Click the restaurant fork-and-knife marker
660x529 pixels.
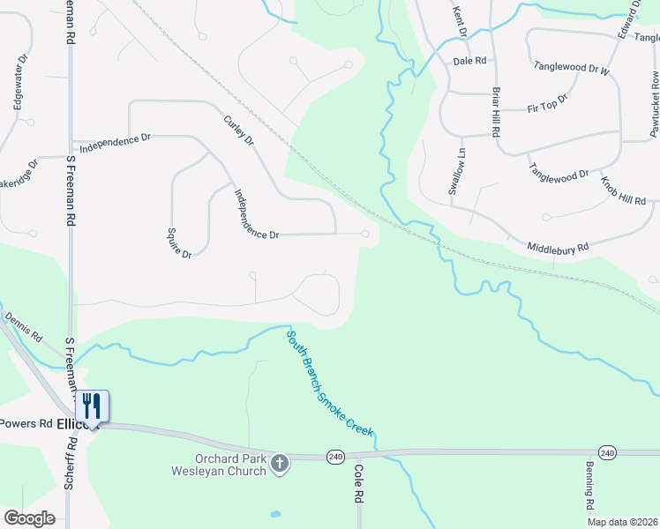tap(92, 406)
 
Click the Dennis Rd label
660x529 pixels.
tap(24, 326)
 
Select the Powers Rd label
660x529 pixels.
tap(26, 423)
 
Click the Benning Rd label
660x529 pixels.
tap(589, 486)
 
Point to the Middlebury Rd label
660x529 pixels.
tap(558, 248)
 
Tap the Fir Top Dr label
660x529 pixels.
tap(547, 104)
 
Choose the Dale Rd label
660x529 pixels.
tap(469, 61)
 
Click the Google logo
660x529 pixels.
tap(30, 518)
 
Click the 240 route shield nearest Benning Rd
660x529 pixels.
tap(607, 452)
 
